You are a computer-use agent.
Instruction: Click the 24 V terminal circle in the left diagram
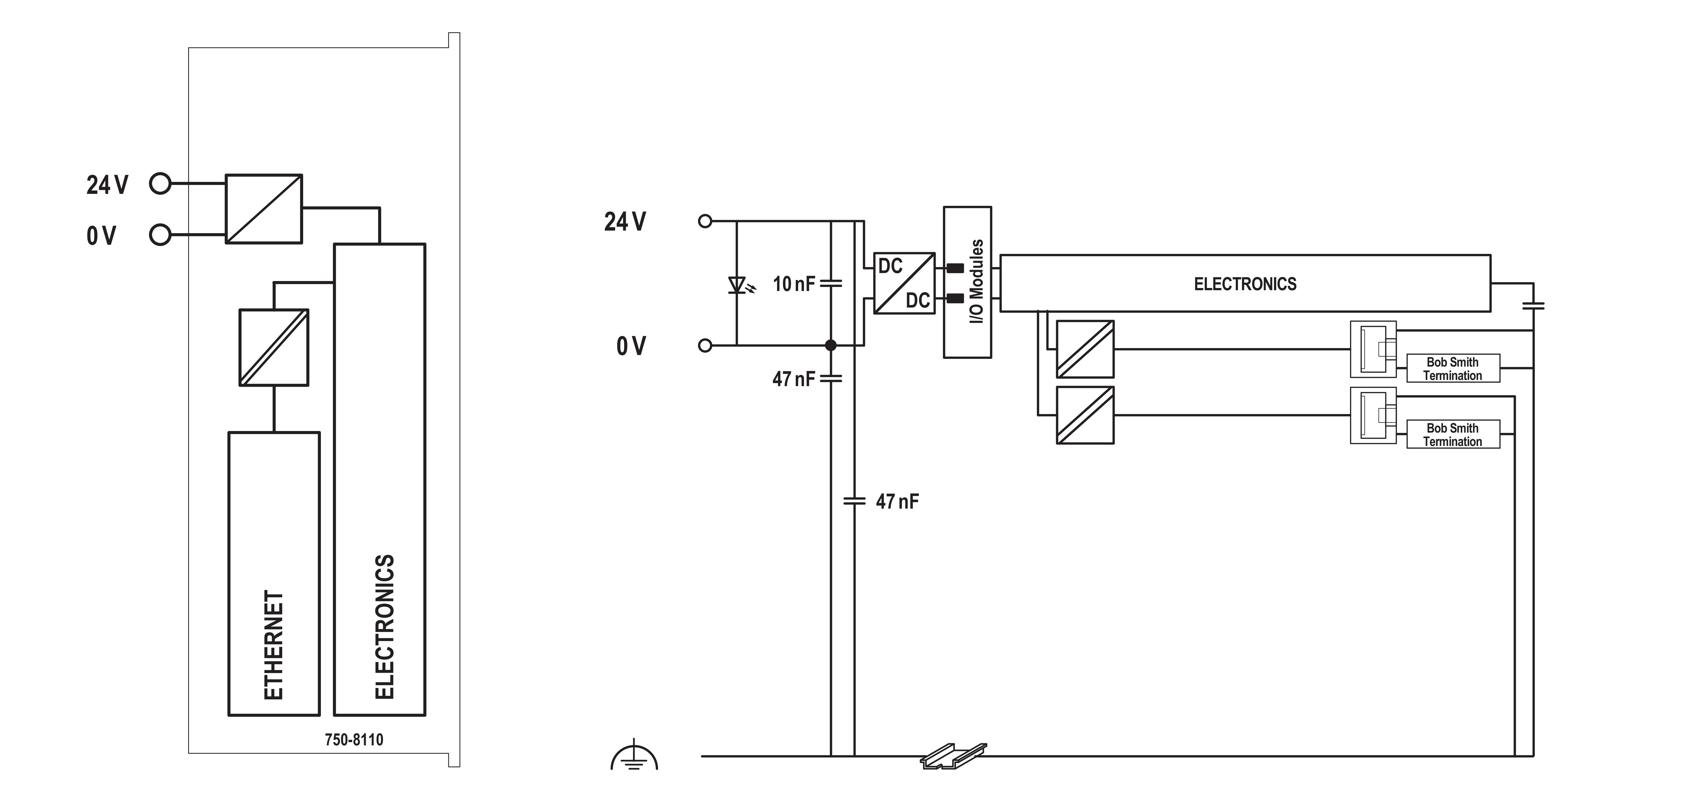[160, 184]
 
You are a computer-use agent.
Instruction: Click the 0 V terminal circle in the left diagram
[160, 235]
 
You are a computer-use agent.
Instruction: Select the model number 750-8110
[354, 740]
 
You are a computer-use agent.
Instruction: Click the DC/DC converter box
[904, 283]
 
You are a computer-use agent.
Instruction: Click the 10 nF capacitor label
[793, 284]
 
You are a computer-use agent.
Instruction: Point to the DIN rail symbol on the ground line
[953, 756]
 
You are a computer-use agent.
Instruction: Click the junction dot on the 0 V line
[831, 345]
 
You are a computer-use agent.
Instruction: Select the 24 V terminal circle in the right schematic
[705, 221]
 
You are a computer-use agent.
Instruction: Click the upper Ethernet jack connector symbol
[1373, 349]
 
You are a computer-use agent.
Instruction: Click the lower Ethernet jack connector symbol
[1373, 415]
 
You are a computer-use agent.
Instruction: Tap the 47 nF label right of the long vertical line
[897, 502]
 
